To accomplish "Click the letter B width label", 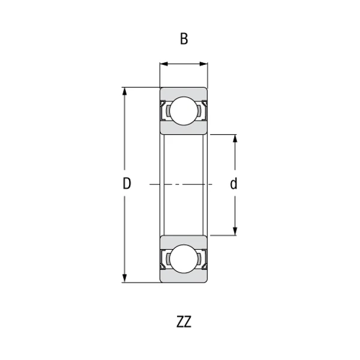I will (184, 40).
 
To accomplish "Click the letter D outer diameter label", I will (127, 184).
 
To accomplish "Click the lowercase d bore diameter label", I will (234, 184).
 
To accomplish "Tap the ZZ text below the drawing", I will (184, 322).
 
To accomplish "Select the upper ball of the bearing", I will (184, 112).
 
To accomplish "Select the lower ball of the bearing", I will (184, 259).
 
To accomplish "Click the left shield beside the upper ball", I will (163, 112).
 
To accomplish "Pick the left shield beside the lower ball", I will (163, 259).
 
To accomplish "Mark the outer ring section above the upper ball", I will (184, 92).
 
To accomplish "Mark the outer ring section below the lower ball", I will (184, 278).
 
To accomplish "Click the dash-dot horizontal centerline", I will (184, 184).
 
